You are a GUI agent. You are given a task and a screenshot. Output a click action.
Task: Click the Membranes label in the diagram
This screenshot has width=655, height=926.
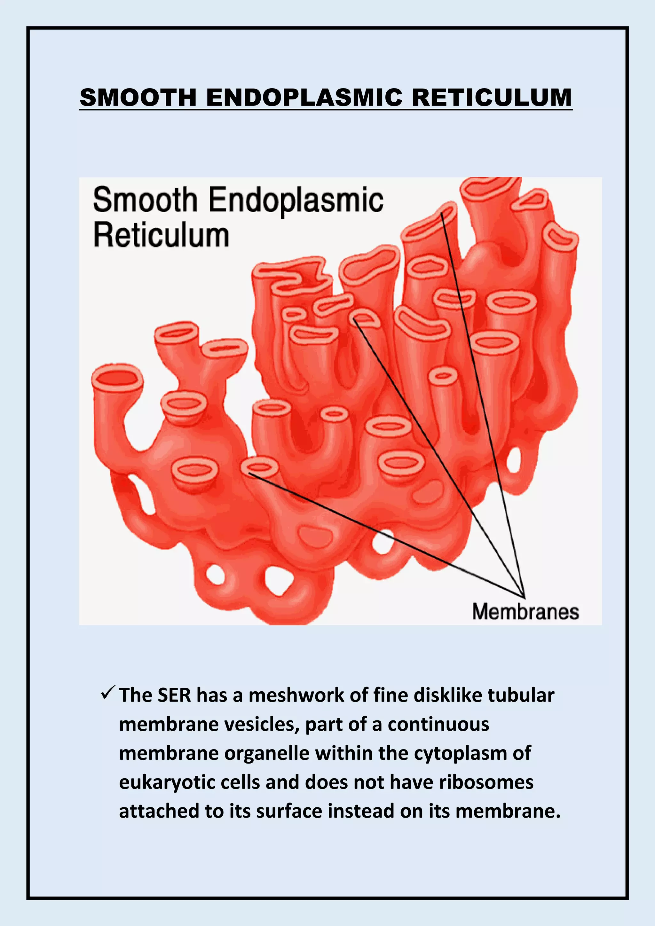coord(525,611)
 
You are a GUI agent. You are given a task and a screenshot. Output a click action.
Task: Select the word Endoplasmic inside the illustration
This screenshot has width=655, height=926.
coord(296,200)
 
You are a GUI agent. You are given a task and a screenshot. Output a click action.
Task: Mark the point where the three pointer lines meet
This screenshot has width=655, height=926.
coord(524,597)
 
